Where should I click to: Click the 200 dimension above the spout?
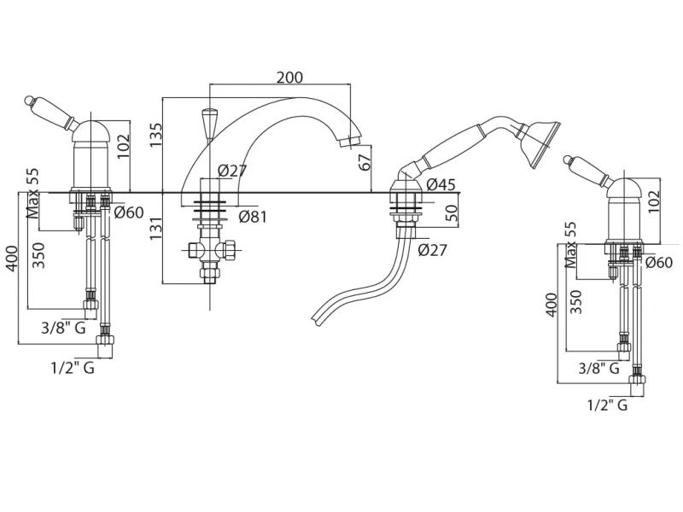tap(289, 77)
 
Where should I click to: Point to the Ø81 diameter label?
tap(253, 216)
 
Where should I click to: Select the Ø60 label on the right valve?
tap(662, 263)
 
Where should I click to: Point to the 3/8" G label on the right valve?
tap(598, 368)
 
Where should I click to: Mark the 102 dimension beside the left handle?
tap(124, 141)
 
